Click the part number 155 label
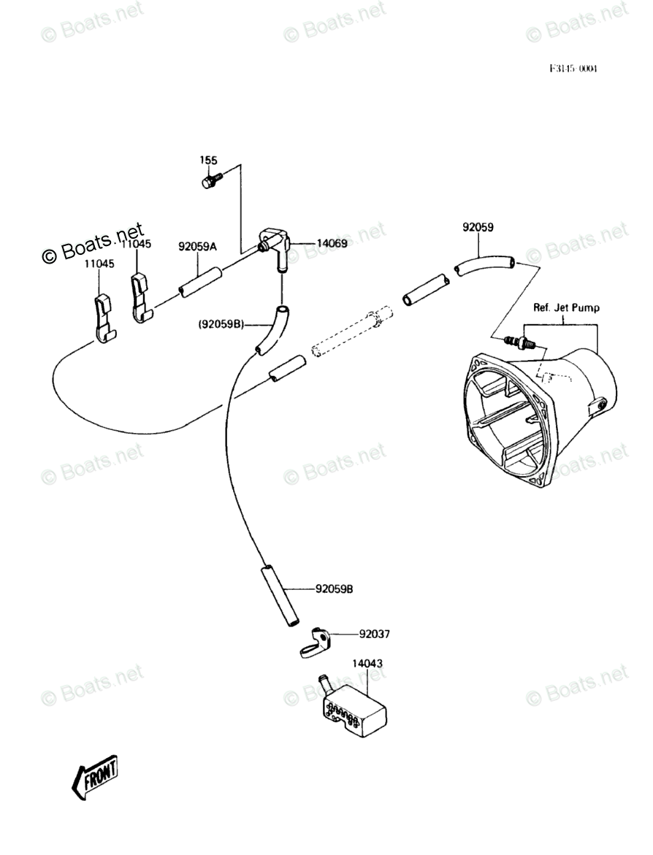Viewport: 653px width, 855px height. click(209, 159)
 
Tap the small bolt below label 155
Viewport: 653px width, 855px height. click(209, 180)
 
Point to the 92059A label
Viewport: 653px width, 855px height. click(197, 247)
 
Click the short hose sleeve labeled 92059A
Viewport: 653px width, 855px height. click(199, 281)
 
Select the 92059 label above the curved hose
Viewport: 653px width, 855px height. click(478, 227)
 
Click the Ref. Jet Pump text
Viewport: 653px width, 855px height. click(566, 307)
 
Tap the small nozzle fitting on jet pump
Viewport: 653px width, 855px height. click(520, 341)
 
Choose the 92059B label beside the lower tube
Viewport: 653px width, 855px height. click(335, 588)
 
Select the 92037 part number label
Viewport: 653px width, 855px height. click(373, 634)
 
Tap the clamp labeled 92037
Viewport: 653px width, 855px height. click(315, 641)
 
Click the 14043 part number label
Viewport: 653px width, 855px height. click(367, 664)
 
